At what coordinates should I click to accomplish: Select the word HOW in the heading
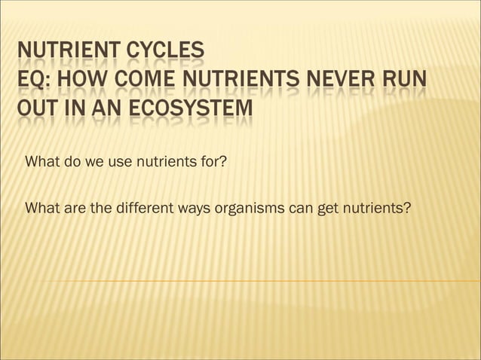tap(81, 81)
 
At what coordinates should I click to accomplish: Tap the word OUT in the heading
tap(35, 111)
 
